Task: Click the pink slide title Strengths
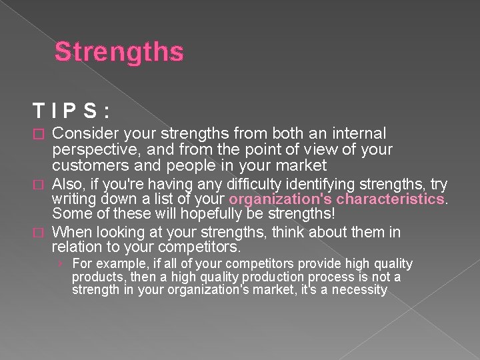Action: point(119,52)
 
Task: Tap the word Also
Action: point(67,184)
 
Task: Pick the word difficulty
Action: point(257,184)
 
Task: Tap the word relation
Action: point(76,247)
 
